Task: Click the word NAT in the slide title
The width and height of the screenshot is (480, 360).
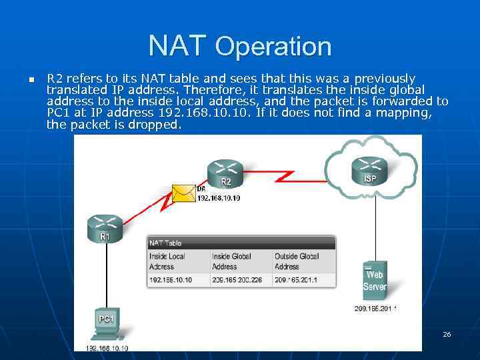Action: (178, 45)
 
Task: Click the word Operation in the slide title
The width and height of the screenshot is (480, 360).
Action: (273, 47)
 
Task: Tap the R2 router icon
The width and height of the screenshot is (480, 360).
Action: (226, 174)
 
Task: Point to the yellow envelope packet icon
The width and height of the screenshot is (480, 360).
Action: (183, 193)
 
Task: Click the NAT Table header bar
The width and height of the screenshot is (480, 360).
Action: (241, 243)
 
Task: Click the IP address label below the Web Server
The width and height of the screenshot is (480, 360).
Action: (375, 309)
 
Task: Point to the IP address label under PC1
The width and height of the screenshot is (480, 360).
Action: (107, 347)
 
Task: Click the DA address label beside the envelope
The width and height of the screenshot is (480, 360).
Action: (219, 198)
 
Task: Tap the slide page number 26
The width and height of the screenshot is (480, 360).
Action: (447, 334)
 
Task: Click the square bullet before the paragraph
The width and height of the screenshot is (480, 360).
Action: (31, 80)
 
